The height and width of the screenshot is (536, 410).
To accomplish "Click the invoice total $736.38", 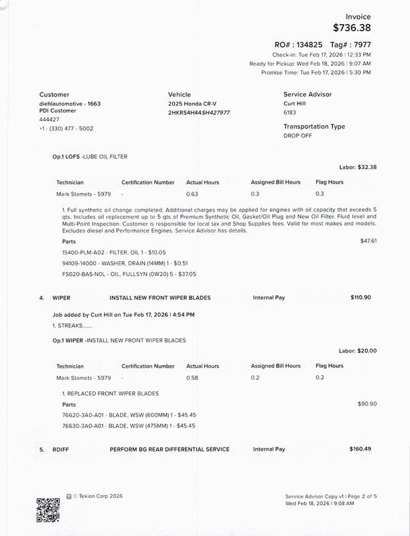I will click(x=351, y=27).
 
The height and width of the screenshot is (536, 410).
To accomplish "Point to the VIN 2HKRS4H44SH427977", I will click(x=199, y=113).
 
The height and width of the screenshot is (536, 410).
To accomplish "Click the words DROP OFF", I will click(x=297, y=135).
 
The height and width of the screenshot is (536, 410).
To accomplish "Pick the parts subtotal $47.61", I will click(x=368, y=240).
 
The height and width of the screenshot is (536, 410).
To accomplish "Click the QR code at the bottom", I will click(x=48, y=509).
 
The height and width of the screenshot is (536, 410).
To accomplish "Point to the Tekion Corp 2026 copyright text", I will click(x=96, y=496).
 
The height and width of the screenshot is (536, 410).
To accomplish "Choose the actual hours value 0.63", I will click(x=192, y=194).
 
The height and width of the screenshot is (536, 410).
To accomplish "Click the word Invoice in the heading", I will click(x=358, y=15).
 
